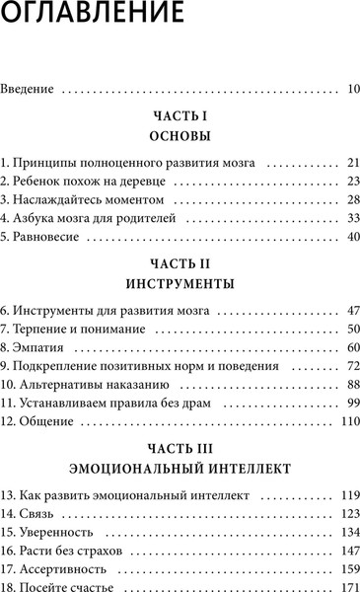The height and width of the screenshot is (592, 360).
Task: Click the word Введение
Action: pyautogui.click(x=31, y=90)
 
